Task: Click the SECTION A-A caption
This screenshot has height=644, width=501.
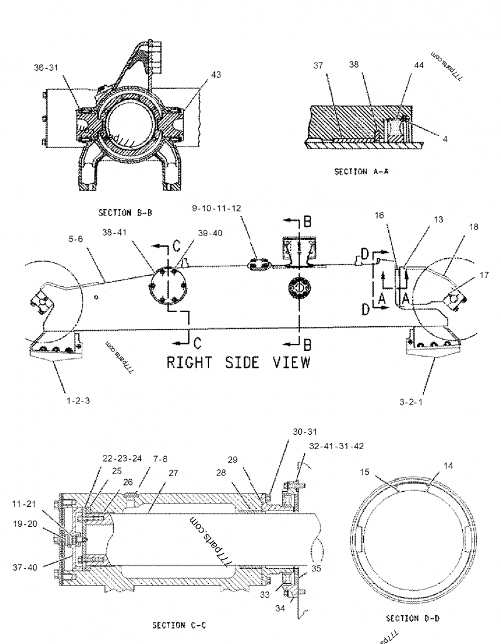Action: click(361, 172)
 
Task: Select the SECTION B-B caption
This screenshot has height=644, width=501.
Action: click(125, 213)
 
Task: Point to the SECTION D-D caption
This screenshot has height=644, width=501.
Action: click(412, 618)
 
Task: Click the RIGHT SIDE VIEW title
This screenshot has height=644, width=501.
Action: click(237, 362)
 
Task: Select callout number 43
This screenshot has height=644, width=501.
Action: click(215, 75)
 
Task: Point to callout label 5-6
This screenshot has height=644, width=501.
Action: click(76, 239)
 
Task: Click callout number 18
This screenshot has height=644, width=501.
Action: click(473, 226)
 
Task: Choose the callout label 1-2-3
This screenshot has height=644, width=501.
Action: click(79, 400)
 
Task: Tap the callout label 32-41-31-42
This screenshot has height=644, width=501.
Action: click(336, 446)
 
